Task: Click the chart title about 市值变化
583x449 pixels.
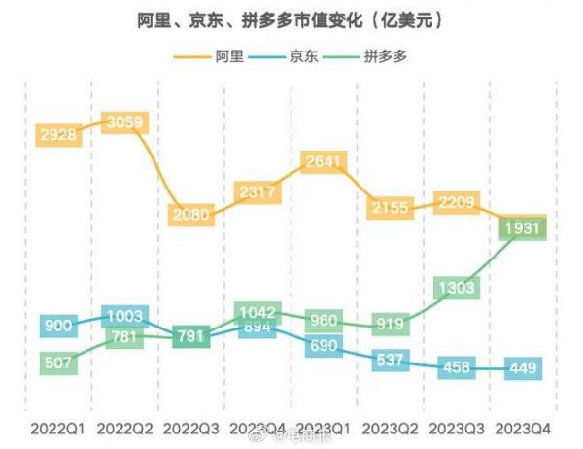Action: tap(291, 19)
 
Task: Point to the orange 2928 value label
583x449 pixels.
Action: tap(59, 134)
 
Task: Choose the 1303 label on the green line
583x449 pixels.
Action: tap(457, 288)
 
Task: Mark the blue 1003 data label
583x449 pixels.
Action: tap(125, 316)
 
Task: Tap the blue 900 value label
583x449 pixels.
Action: tap(59, 326)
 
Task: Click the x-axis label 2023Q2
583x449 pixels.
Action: tap(390, 426)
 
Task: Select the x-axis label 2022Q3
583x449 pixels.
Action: tap(191, 426)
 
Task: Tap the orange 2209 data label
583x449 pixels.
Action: tap(457, 204)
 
